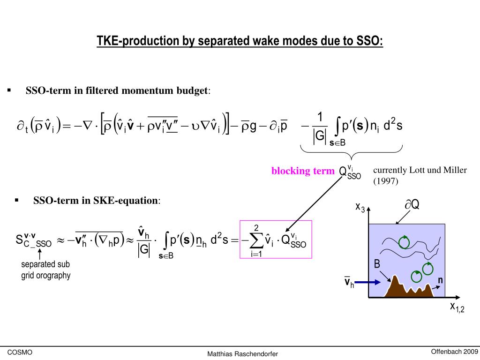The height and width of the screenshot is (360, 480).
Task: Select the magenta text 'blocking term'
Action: point(303,171)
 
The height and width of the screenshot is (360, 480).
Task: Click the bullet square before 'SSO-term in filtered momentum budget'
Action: point(9,90)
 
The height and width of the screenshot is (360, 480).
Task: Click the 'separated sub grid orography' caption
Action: point(45,270)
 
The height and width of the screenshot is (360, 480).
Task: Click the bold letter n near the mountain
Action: point(440,280)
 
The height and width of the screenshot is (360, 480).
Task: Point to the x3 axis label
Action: point(360,207)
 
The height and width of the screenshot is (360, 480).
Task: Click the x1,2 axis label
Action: point(457,307)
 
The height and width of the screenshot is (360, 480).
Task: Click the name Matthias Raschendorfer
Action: point(243,353)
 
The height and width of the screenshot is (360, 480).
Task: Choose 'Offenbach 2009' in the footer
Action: point(454,352)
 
